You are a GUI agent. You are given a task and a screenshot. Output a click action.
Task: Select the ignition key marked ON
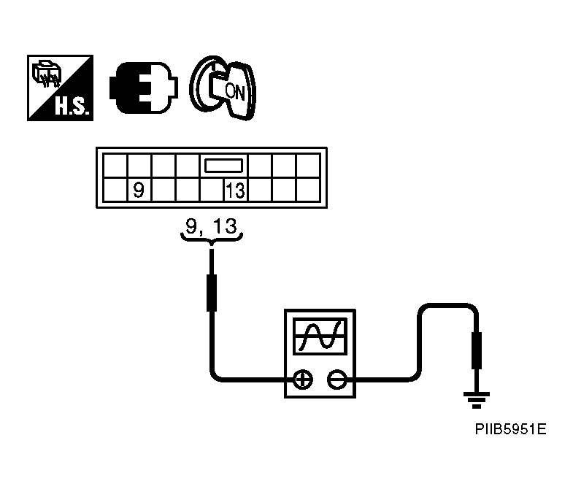click(223, 88)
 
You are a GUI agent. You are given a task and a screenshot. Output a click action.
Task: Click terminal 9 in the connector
click(138, 191)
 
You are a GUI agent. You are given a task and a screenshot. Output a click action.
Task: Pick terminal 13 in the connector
click(235, 191)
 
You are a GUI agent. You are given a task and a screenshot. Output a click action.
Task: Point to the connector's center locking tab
click(223, 166)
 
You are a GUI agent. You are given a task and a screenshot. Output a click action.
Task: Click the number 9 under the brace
click(191, 226)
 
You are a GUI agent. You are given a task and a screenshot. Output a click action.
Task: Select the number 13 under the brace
click(226, 226)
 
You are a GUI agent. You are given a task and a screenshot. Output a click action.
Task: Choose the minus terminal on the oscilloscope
click(337, 379)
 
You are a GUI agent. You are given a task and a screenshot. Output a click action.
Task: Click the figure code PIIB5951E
click(508, 429)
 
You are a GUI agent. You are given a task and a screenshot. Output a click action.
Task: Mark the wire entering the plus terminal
click(248, 379)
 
